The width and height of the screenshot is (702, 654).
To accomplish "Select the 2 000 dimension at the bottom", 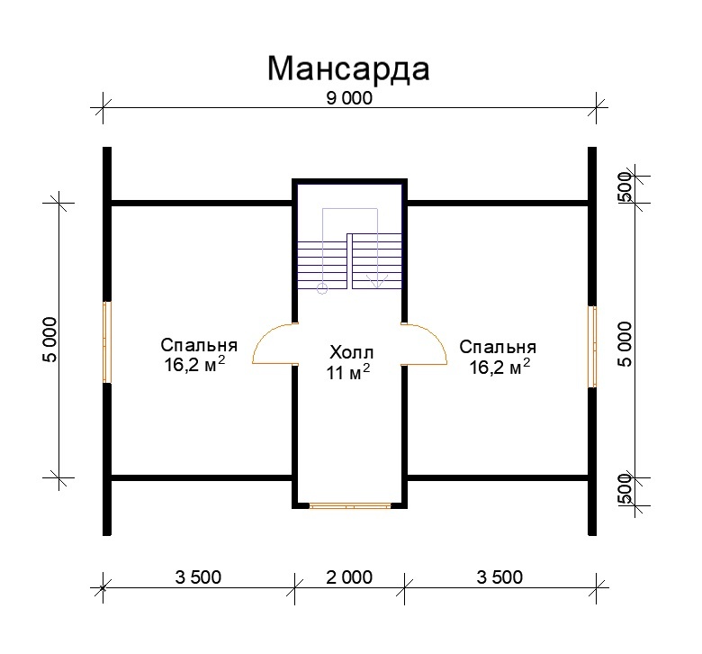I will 347,577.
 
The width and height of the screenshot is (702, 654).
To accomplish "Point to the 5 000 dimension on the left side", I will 49,340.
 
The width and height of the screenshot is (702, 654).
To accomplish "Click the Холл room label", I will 349,352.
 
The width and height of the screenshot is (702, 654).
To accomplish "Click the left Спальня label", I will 199,346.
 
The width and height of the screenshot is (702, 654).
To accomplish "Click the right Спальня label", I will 498,347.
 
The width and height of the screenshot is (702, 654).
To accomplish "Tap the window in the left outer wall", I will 107,341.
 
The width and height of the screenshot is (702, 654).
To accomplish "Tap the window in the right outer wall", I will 593,347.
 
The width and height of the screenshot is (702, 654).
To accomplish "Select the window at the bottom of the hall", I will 349,506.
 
